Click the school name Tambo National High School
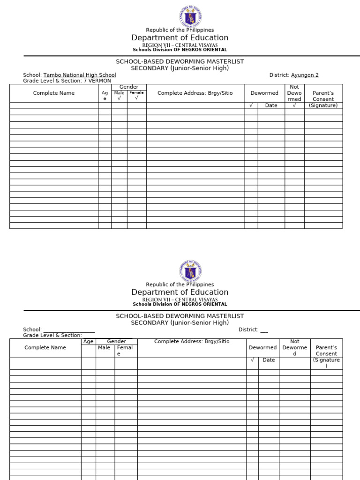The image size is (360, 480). pos(80,75)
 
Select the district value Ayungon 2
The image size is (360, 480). pos(305,75)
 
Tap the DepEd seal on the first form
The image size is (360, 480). pos(190,16)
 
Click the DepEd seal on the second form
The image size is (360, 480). pos(190,271)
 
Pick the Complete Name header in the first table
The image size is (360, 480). pos(54,93)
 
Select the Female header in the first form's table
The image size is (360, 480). pos(136,93)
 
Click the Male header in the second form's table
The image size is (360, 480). pos(104,348)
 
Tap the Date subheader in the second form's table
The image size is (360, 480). pos(269,360)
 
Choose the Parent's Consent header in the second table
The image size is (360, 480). pos(326,351)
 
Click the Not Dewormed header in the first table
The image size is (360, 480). pos(294,93)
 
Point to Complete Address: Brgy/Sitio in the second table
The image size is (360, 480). pos(192,342)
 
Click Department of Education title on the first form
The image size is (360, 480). pos(180,37)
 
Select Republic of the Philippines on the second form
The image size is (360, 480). pos(180,285)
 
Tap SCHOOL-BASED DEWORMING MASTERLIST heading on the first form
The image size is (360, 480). pos(180,61)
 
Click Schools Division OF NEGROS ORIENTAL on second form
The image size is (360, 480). pos(180,304)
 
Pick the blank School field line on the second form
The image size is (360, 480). pos(69,330)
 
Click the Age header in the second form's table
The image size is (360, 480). pos(88,342)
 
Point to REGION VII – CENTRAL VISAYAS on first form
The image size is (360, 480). pos(180,45)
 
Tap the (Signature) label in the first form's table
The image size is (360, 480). pos(323,105)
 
